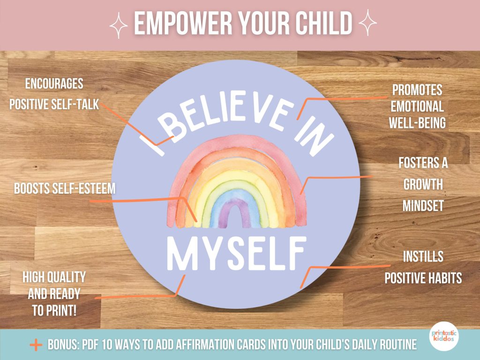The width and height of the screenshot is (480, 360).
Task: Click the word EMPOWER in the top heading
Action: pos(183,23)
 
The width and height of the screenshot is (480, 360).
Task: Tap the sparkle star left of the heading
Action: pos(119,25)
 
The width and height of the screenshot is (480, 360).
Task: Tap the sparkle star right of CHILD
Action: pos(367,22)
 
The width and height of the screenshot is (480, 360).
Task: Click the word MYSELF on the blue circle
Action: pos(237,253)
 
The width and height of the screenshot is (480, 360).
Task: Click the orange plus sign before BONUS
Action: pos(36,345)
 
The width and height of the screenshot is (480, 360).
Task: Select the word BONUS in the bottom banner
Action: pos(64,345)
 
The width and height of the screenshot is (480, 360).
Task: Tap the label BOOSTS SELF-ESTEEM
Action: pos(65,188)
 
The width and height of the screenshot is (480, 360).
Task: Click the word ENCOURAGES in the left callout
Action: pos(54,83)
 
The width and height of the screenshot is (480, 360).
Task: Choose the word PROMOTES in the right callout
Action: pos(417,90)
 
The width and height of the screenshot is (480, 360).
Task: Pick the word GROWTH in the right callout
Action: pos(423,185)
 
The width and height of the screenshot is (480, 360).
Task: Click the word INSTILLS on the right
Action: pos(423,256)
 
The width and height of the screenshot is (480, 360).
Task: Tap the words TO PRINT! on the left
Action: pos(54,311)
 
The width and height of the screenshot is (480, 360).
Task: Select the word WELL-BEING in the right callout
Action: pos(417,123)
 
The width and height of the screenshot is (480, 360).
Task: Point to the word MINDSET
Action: pos(423,206)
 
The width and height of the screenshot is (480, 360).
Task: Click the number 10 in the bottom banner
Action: pos(107,345)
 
